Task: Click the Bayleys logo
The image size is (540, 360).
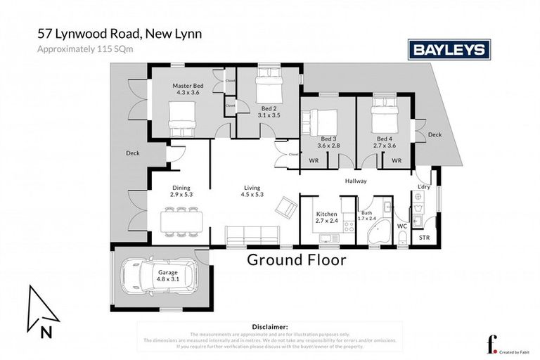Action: pyautogui.click(x=449, y=49)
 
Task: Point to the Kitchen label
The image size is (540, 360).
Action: pyautogui.click(x=326, y=214)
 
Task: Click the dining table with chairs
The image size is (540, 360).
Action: pyautogui.click(x=181, y=221)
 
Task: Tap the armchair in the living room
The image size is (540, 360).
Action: pyautogui.click(x=286, y=206)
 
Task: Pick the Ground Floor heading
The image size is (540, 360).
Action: pyautogui.click(x=296, y=260)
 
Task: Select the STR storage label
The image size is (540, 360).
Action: pyautogui.click(x=423, y=238)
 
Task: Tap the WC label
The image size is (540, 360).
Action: pyautogui.click(x=402, y=226)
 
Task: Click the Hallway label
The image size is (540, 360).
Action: pyautogui.click(x=356, y=181)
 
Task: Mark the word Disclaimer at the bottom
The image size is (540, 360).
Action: pyautogui.click(x=269, y=327)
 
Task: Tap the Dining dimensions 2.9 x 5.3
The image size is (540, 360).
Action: pyautogui.click(x=181, y=195)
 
